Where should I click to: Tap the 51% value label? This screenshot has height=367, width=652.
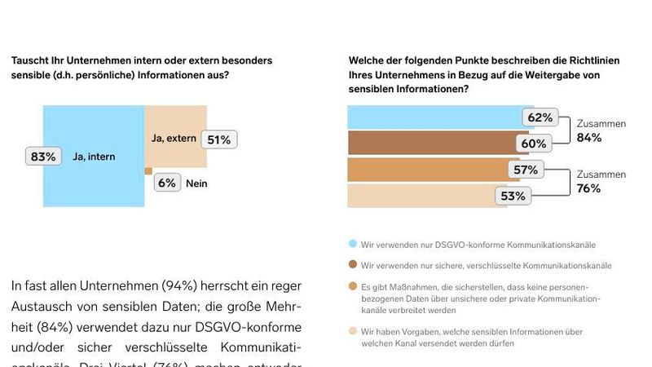click(x=218, y=139)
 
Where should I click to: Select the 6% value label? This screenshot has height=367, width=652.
click(x=167, y=183)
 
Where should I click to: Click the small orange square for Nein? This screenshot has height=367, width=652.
click(x=148, y=171)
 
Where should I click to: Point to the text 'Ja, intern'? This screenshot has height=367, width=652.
click(x=94, y=157)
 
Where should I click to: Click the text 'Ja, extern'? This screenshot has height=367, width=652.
click(x=174, y=139)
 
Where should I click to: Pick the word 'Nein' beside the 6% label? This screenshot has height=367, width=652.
click(x=196, y=183)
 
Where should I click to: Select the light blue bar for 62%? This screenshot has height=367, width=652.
click(x=432, y=117)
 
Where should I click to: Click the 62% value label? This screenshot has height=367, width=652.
click(x=540, y=117)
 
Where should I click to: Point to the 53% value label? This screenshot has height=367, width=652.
click(x=513, y=196)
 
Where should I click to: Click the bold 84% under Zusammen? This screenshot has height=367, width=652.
click(x=588, y=138)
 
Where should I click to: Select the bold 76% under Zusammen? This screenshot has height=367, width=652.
click(x=588, y=188)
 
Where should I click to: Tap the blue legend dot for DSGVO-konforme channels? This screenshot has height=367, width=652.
click(x=352, y=244)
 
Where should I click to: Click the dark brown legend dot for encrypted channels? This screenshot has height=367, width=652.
click(x=352, y=266)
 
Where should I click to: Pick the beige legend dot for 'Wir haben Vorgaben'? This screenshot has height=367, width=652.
click(x=352, y=332)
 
